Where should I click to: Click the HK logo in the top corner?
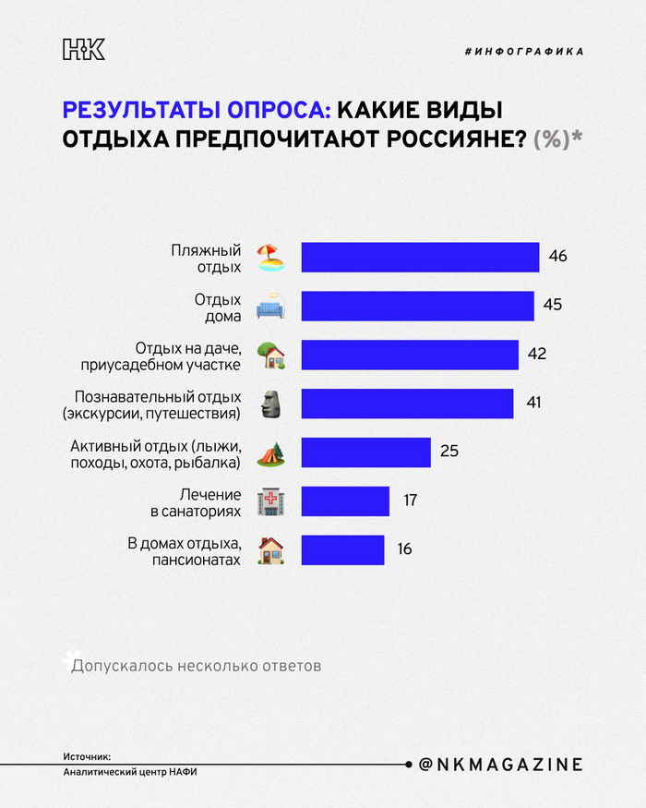(x=83, y=50)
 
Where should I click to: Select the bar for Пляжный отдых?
(x=420, y=257)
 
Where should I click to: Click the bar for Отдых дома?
(x=417, y=306)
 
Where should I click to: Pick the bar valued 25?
(x=365, y=452)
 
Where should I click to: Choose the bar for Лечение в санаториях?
(x=345, y=500)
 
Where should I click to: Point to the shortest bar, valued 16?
(x=342, y=549)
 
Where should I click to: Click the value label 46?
(x=557, y=256)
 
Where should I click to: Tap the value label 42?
(x=537, y=354)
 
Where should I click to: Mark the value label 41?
(x=532, y=403)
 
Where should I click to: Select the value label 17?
(x=410, y=500)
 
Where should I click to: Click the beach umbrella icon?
(x=269, y=257)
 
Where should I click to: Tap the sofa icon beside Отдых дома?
(x=269, y=306)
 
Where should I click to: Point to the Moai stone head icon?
(x=269, y=403)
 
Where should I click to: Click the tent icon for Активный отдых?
(x=269, y=452)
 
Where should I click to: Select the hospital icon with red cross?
(x=269, y=501)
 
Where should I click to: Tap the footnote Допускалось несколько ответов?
(x=197, y=665)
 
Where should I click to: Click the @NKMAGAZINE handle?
(x=500, y=765)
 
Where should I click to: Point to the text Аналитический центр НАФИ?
(x=130, y=772)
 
